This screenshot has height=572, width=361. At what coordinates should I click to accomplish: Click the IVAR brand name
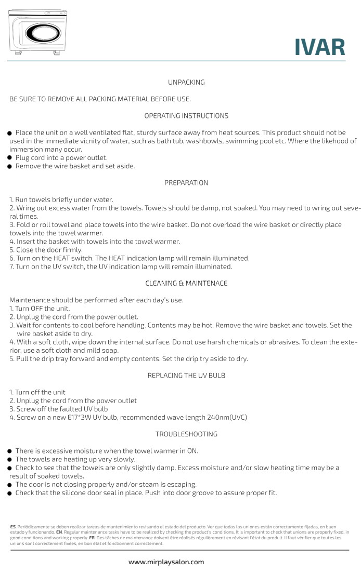coord(319,47)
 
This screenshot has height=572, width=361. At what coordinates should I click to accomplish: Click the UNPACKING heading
coord(186,82)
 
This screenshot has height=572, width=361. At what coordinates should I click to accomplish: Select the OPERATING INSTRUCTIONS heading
coord(186,115)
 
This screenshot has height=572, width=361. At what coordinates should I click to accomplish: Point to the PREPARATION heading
coord(186,183)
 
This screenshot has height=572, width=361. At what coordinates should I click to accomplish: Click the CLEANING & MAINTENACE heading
coord(186,283)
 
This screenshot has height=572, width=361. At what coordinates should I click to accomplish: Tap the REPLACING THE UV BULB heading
coord(186,375)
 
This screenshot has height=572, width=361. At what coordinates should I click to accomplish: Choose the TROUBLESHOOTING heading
coord(186,434)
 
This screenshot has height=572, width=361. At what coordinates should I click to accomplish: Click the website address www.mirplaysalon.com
coord(166,562)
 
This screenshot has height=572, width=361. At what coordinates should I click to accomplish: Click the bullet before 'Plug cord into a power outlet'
coord(10,158)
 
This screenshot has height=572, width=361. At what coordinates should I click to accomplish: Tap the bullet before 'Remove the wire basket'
coord(10,167)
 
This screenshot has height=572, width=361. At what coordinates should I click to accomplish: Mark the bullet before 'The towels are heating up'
coord(10,460)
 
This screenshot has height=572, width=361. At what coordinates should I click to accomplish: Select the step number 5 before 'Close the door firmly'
coord(11,250)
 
